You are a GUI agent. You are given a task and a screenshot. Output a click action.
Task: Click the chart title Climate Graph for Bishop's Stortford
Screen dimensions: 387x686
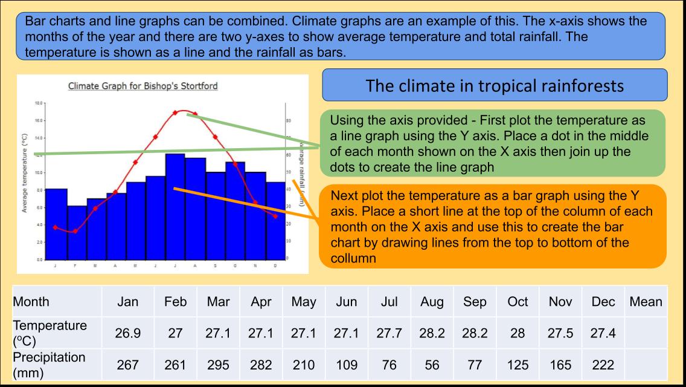click(x=143, y=86)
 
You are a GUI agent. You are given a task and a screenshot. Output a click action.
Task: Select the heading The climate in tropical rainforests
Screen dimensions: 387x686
click(x=495, y=85)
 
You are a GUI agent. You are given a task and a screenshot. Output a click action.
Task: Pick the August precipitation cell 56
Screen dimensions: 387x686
click(x=431, y=365)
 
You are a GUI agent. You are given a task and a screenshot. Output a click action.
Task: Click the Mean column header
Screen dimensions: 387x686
click(x=646, y=302)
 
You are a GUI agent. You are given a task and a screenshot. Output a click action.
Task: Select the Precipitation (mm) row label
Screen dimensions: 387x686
click(x=49, y=365)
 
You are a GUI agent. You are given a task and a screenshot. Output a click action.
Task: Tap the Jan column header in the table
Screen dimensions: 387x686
click(x=127, y=302)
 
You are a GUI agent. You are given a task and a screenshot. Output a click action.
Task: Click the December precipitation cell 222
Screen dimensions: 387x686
click(x=603, y=365)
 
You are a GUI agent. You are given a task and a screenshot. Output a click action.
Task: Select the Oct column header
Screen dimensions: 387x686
click(x=518, y=302)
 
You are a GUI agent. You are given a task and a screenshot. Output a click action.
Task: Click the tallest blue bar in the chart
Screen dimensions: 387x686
click(x=175, y=206)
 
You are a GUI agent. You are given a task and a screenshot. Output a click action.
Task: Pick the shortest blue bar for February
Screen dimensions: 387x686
click(x=77, y=233)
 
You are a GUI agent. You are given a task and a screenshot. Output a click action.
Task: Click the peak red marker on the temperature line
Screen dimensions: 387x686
click(x=176, y=112)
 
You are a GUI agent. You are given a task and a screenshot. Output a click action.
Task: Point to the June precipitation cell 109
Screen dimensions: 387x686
click(x=347, y=365)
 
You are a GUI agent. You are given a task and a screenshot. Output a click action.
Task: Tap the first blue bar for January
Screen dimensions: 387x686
click(x=57, y=224)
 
